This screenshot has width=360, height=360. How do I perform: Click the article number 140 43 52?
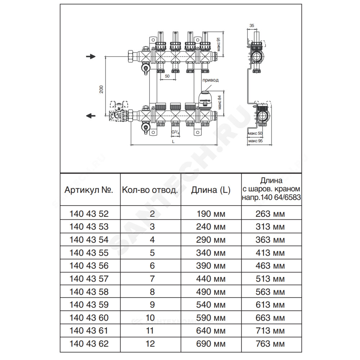tap(89, 214)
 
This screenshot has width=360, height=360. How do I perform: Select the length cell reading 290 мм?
tap(211, 240)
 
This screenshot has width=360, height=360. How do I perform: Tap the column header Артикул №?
tap(89, 190)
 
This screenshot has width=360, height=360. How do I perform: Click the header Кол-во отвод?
tap(150, 190)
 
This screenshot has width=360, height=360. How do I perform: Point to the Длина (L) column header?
tap(211, 190)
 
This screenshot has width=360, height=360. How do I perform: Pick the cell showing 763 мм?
tap(270, 344)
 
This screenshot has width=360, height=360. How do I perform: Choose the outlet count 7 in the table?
tap(152, 279)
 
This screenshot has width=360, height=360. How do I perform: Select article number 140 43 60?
tap(89, 318)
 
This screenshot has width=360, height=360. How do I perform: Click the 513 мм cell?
tap(270, 279)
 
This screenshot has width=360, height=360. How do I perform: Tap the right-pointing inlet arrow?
tap(91, 57)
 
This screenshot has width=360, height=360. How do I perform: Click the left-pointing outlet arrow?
tap(91, 116)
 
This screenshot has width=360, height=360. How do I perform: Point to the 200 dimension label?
tap(101, 89)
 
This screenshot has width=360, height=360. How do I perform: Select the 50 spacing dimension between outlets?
tap(167, 76)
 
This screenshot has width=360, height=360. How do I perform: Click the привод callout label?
tap(211, 80)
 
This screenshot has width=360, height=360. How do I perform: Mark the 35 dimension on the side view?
tap(252, 26)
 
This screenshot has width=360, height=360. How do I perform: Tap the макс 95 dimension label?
tap(255, 141)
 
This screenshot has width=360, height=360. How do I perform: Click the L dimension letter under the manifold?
tap(174, 141)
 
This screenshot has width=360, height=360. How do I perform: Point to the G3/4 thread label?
tap(175, 132)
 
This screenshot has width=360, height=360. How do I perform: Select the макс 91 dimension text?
tap(219, 45)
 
